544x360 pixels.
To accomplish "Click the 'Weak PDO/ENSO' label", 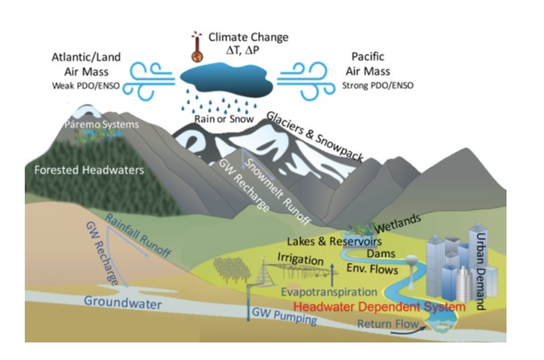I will point(86,85).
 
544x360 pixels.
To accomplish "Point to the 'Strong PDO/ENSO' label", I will point(377,85).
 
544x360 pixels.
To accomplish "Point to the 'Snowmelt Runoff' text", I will point(276,189).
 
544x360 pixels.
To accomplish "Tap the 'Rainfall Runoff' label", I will point(138,235).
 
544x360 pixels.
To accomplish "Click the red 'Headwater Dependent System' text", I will point(379,307).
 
